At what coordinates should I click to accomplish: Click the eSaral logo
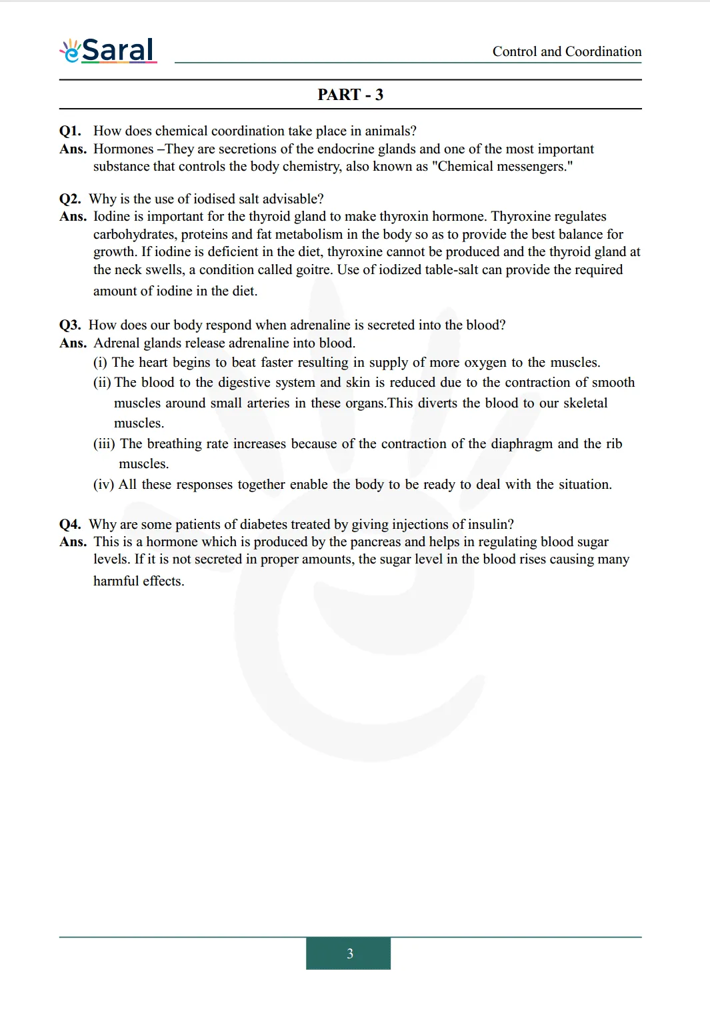(x=109, y=51)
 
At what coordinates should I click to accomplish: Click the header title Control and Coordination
(x=567, y=51)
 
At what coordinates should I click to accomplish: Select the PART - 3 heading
(x=350, y=95)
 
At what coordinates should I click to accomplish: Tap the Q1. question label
(x=70, y=131)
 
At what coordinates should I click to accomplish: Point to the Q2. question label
(x=70, y=199)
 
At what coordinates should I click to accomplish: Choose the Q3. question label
(x=70, y=325)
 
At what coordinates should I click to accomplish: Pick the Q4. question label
(x=70, y=524)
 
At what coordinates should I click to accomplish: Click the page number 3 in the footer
(x=349, y=954)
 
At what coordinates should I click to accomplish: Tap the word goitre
(x=315, y=269)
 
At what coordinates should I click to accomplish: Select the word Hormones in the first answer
(x=123, y=149)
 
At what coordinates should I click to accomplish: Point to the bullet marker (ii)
(x=102, y=382)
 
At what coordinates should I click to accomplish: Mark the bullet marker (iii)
(x=104, y=443)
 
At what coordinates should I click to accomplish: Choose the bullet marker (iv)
(x=103, y=484)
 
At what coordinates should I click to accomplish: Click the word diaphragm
(x=521, y=443)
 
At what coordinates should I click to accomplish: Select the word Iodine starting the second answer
(x=111, y=216)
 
